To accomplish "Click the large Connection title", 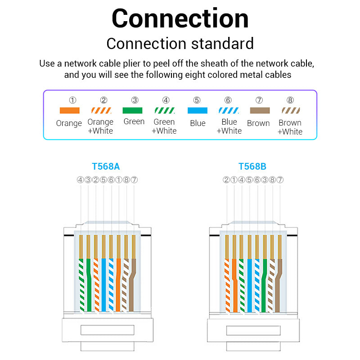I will click(180, 19).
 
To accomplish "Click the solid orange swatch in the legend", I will click(69, 110).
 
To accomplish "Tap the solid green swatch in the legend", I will click(132, 110).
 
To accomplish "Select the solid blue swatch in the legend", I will click(197, 110).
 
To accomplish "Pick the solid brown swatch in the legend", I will click(259, 110).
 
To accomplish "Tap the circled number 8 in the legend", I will click(290, 100).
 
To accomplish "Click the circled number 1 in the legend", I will click(72, 100).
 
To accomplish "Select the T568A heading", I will click(106, 166).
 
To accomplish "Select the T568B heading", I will click(252, 166).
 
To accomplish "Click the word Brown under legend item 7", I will click(258, 123).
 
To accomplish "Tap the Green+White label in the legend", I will click(164, 126).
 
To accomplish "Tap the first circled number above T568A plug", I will click(80, 180).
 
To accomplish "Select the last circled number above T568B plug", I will click(280, 180).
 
